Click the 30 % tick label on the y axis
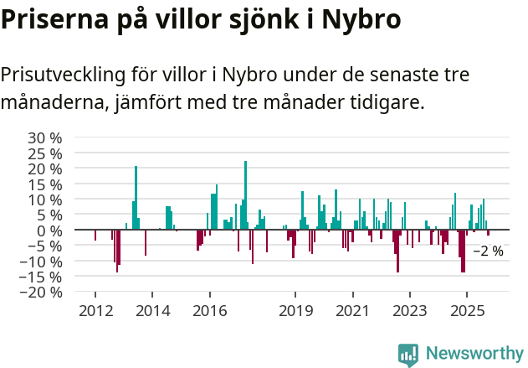click(44, 137)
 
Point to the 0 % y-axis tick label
click(49, 231)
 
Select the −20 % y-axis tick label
click(40, 293)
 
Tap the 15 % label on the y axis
click(44, 184)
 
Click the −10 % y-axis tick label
click(40, 262)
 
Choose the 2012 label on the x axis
click(95, 311)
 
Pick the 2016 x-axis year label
click(209, 311)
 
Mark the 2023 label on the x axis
click(409, 311)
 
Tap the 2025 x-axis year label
click(467, 311)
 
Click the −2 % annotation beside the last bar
click(488, 251)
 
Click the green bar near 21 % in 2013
click(136, 198)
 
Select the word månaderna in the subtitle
click(53, 103)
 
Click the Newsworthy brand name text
click(474, 354)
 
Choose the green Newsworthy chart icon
click(408, 355)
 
